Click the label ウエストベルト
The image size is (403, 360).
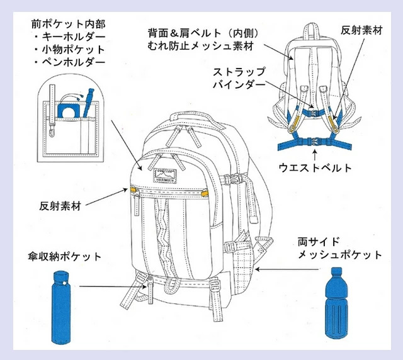tap(315, 168)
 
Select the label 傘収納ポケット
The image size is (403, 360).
tap(64, 257)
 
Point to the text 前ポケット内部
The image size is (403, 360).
tap(69, 24)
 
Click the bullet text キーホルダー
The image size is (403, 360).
tap(74, 37)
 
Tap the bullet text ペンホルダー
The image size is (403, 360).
tap(74, 62)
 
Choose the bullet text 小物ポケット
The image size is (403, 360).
tap(74, 50)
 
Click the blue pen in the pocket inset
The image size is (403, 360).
tap(88, 103)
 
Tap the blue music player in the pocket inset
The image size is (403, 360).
tap(67, 111)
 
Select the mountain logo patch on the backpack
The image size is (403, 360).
tap(165, 176)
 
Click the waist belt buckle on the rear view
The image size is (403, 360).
tap(314, 142)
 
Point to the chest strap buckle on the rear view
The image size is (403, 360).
tap(313, 113)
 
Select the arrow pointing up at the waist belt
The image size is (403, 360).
tap(315, 154)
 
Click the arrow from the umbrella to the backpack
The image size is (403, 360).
tap(113, 286)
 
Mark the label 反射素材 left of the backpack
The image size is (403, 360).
tap(60, 206)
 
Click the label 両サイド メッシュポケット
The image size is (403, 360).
tap(340, 248)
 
